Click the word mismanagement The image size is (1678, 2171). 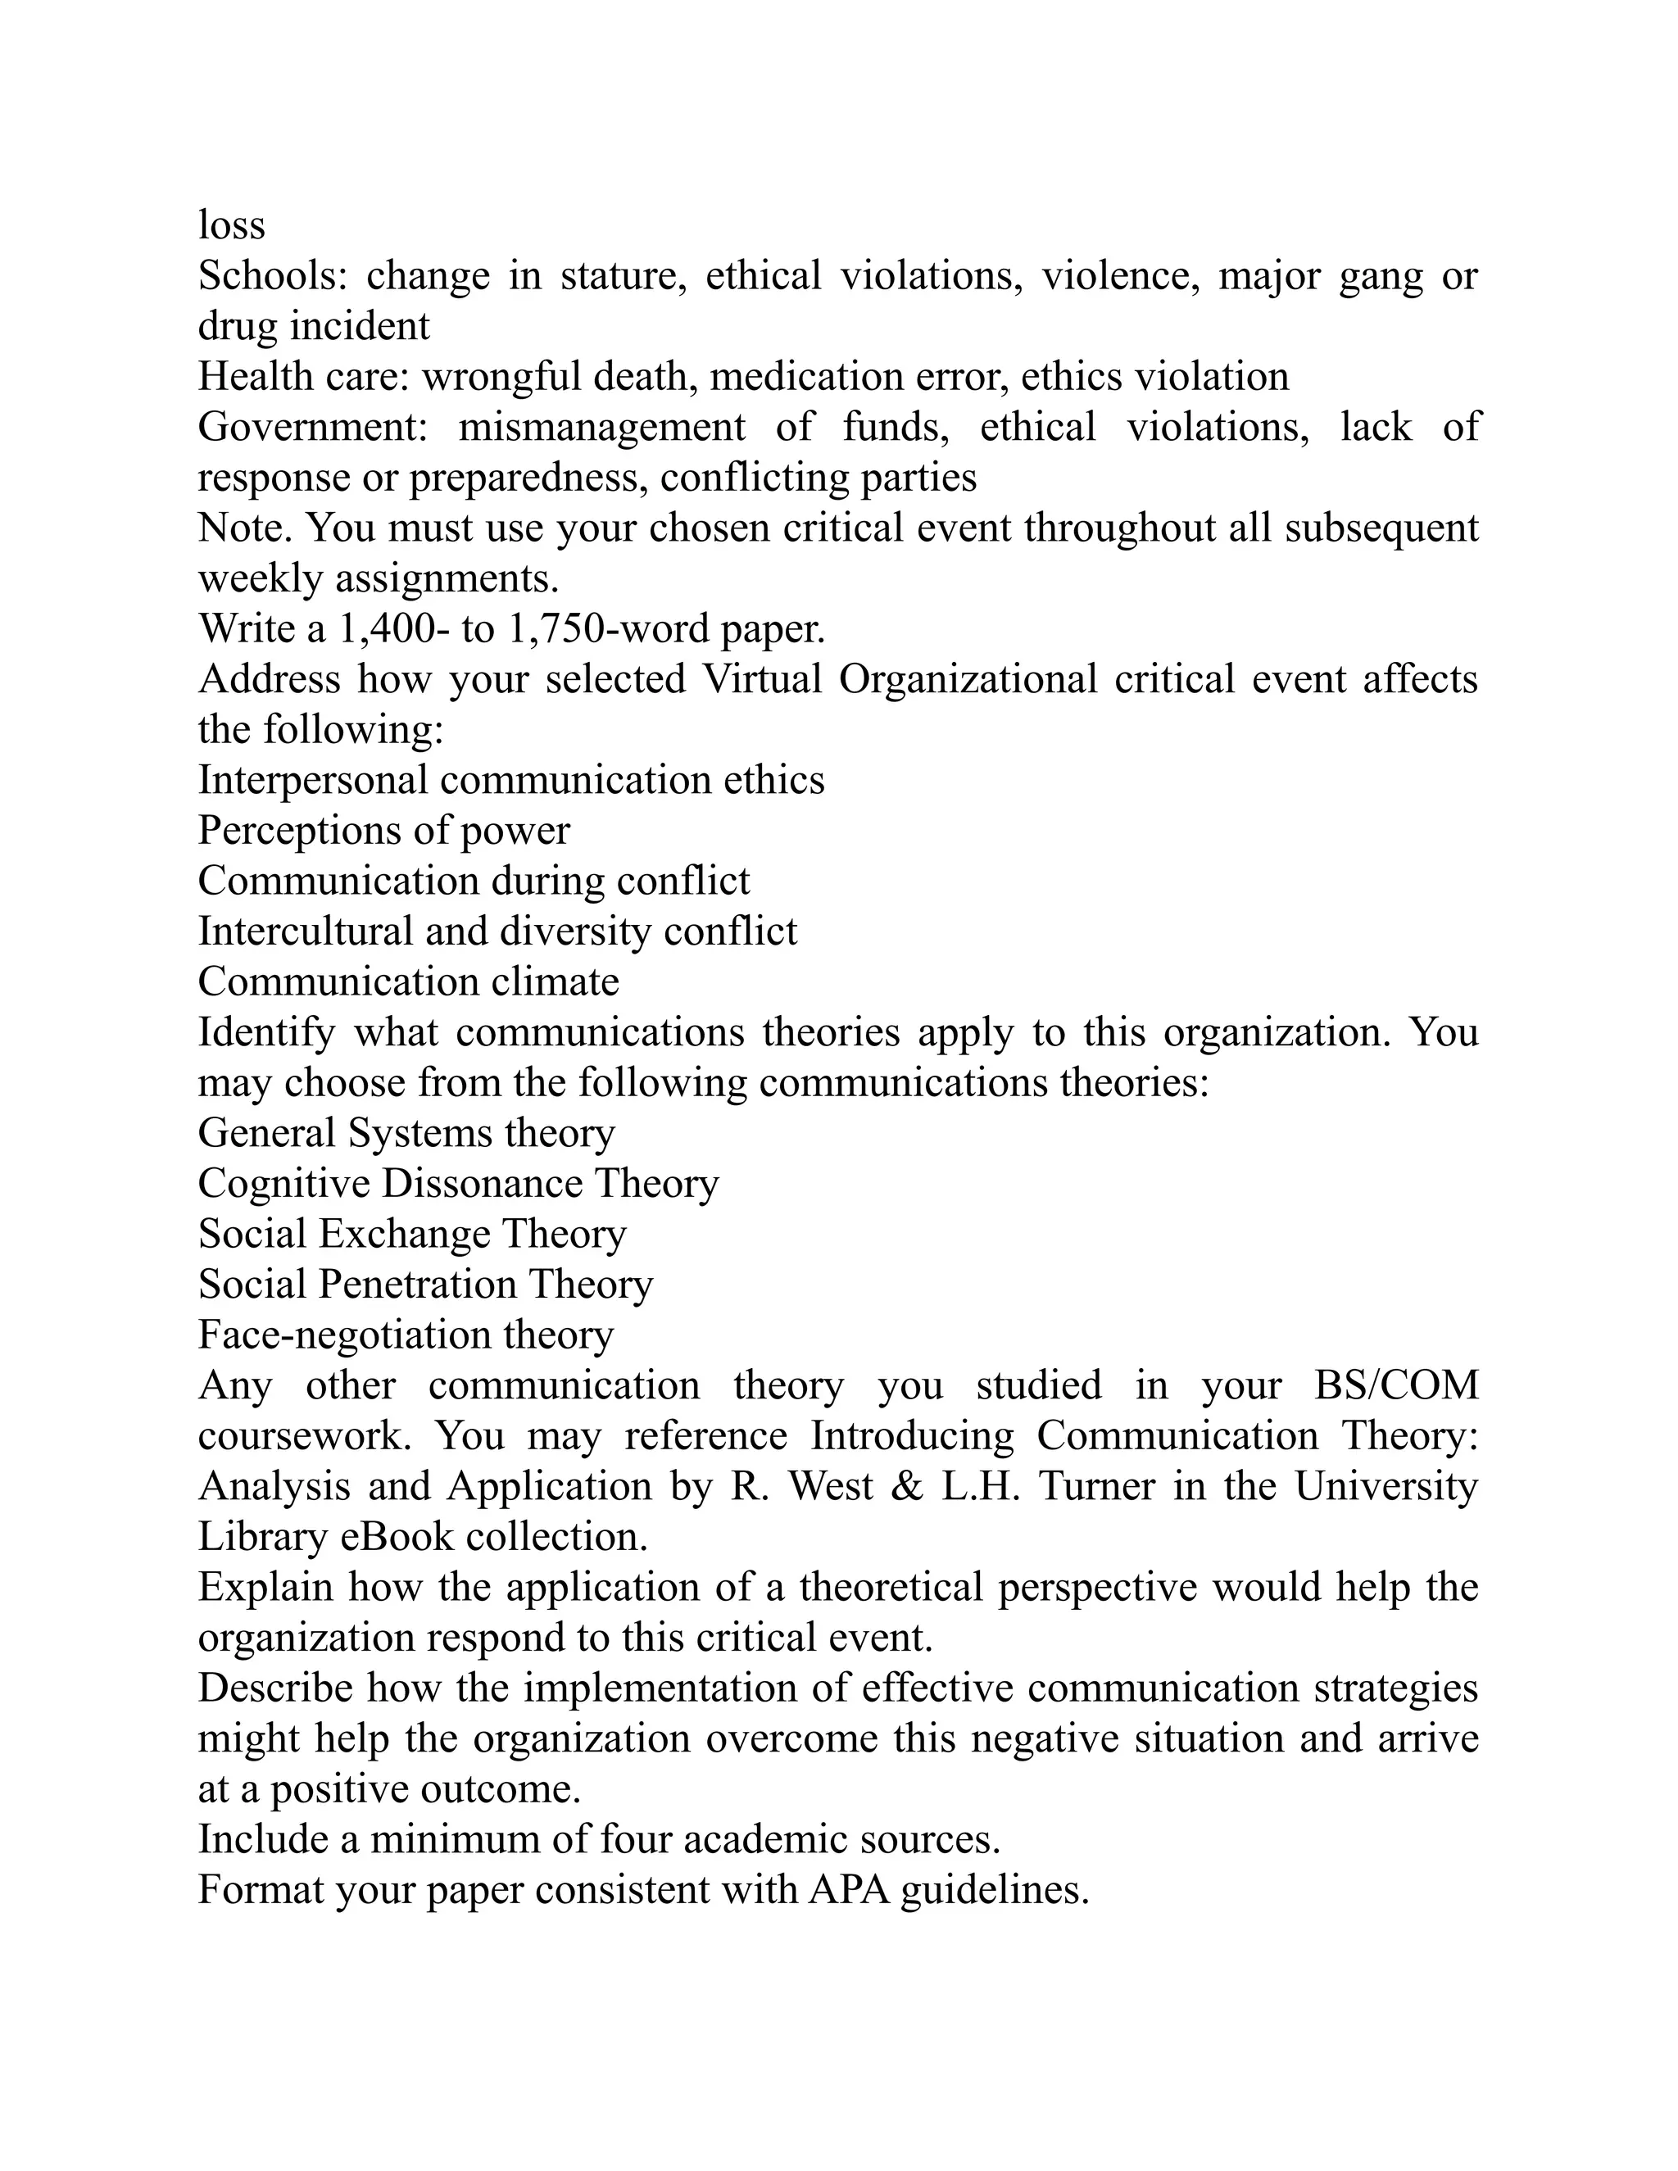601,428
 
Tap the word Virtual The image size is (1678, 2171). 763,680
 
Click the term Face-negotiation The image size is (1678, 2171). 344,1336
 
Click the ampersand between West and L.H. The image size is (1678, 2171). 907,1488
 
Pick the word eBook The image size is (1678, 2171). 397,1538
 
